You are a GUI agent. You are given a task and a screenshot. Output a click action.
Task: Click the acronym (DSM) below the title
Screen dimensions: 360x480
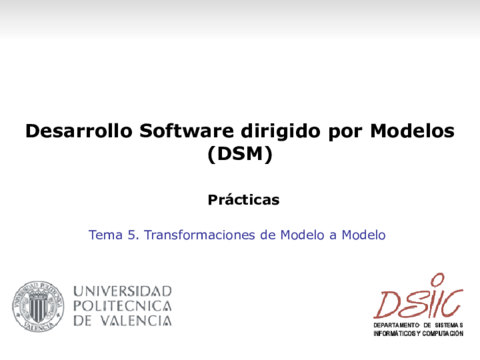pyautogui.click(x=239, y=155)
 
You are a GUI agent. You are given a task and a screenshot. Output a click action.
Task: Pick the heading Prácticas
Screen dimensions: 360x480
pyautogui.click(x=243, y=199)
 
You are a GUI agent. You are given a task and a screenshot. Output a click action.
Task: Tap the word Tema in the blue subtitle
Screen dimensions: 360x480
pyautogui.click(x=105, y=235)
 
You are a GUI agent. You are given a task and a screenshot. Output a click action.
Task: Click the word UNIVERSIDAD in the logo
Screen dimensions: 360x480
pyautogui.click(x=122, y=291)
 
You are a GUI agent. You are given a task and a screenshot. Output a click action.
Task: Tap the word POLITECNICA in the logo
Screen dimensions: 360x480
pyautogui.click(x=122, y=306)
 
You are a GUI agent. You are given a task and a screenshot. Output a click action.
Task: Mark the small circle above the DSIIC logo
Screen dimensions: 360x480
pyautogui.click(x=435, y=278)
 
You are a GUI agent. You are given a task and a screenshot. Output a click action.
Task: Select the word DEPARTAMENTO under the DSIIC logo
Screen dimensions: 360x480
pyautogui.click(x=396, y=326)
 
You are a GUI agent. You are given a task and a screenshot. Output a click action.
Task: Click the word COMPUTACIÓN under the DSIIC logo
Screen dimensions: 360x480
pyautogui.click(x=443, y=334)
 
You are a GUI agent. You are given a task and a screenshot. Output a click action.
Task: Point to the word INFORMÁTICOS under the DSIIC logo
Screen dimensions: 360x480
pyautogui.click(x=397, y=334)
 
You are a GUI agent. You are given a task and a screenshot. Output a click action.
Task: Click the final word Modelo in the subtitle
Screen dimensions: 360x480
pyautogui.click(x=363, y=235)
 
